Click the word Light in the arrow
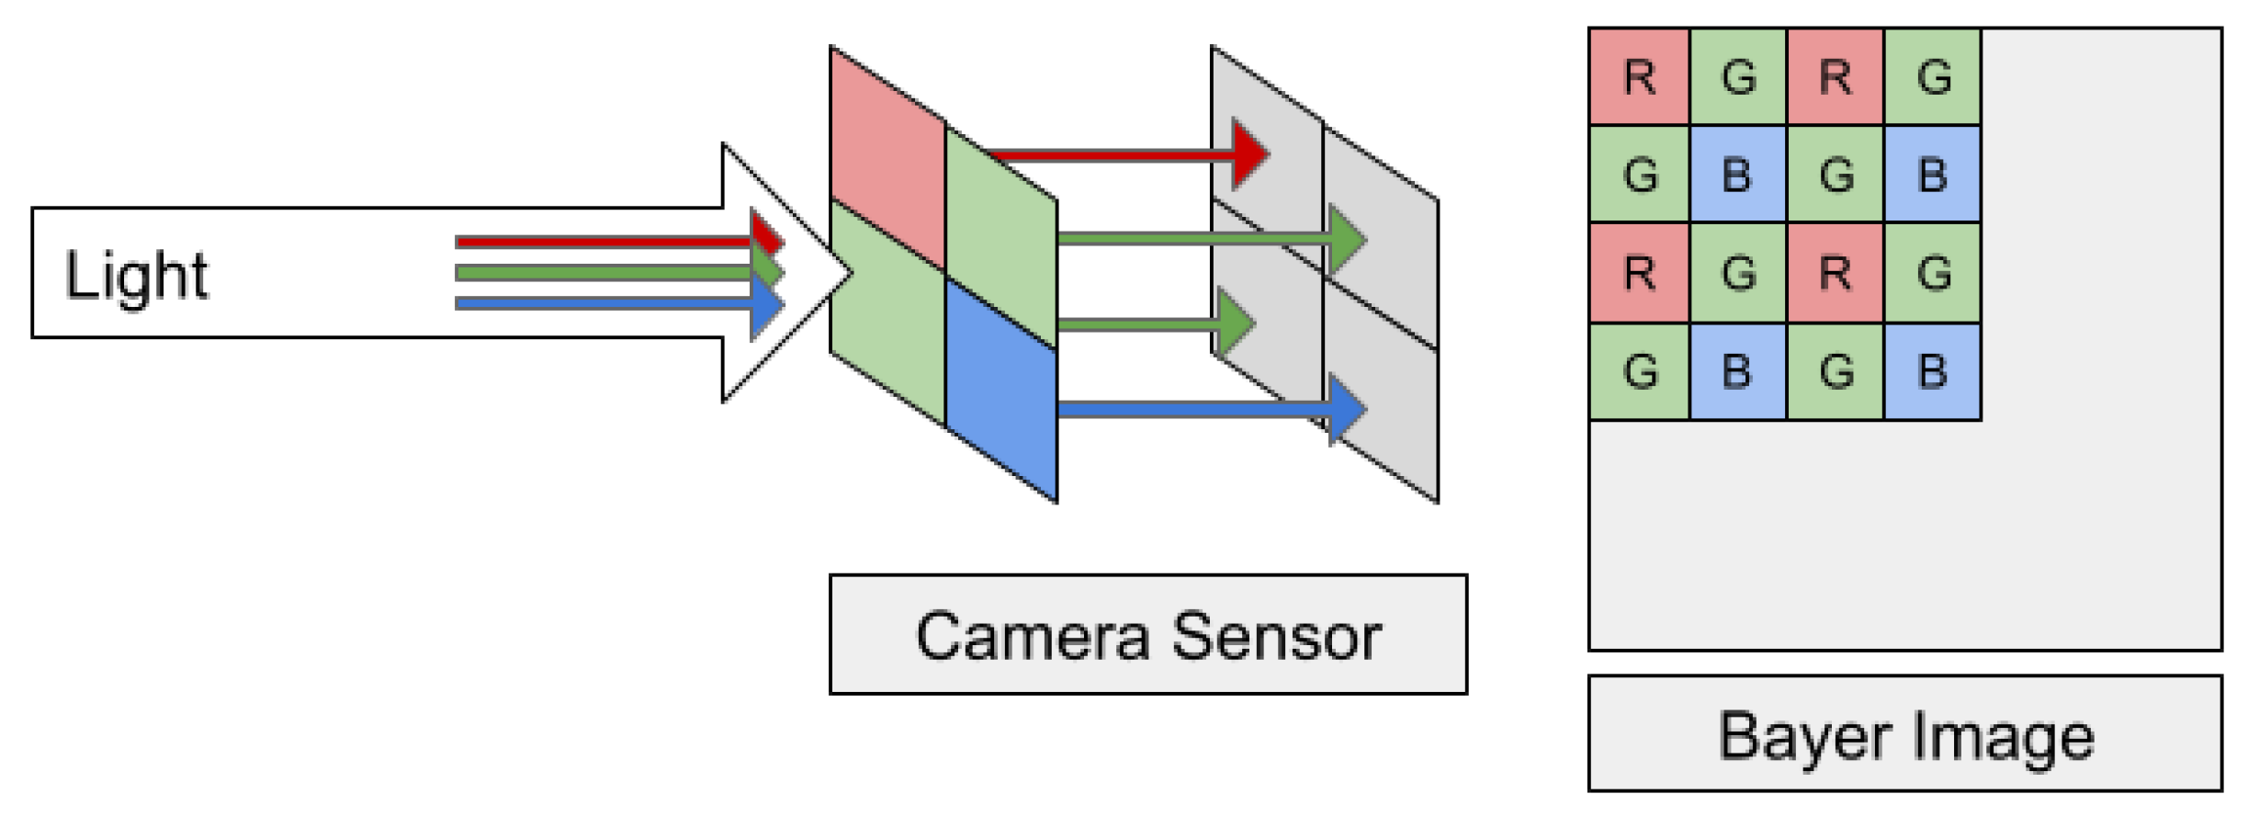[x=136, y=276]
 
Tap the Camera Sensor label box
[x=1147, y=634]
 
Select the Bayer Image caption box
[x=1904, y=733]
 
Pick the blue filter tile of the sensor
[x=1001, y=391]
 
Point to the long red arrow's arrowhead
[x=1249, y=154]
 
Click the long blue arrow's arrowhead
[x=1346, y=409]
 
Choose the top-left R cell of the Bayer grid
[x=1639, y=76]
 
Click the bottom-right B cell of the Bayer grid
[x=1932, y=371]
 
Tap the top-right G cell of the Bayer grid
[x=1932, y=76]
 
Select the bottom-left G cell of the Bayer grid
[x=1639, y=371]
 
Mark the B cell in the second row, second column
[x=1736, y=175]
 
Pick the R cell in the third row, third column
[x=1835, y=273]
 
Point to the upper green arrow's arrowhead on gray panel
[x=1346, y=240]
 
